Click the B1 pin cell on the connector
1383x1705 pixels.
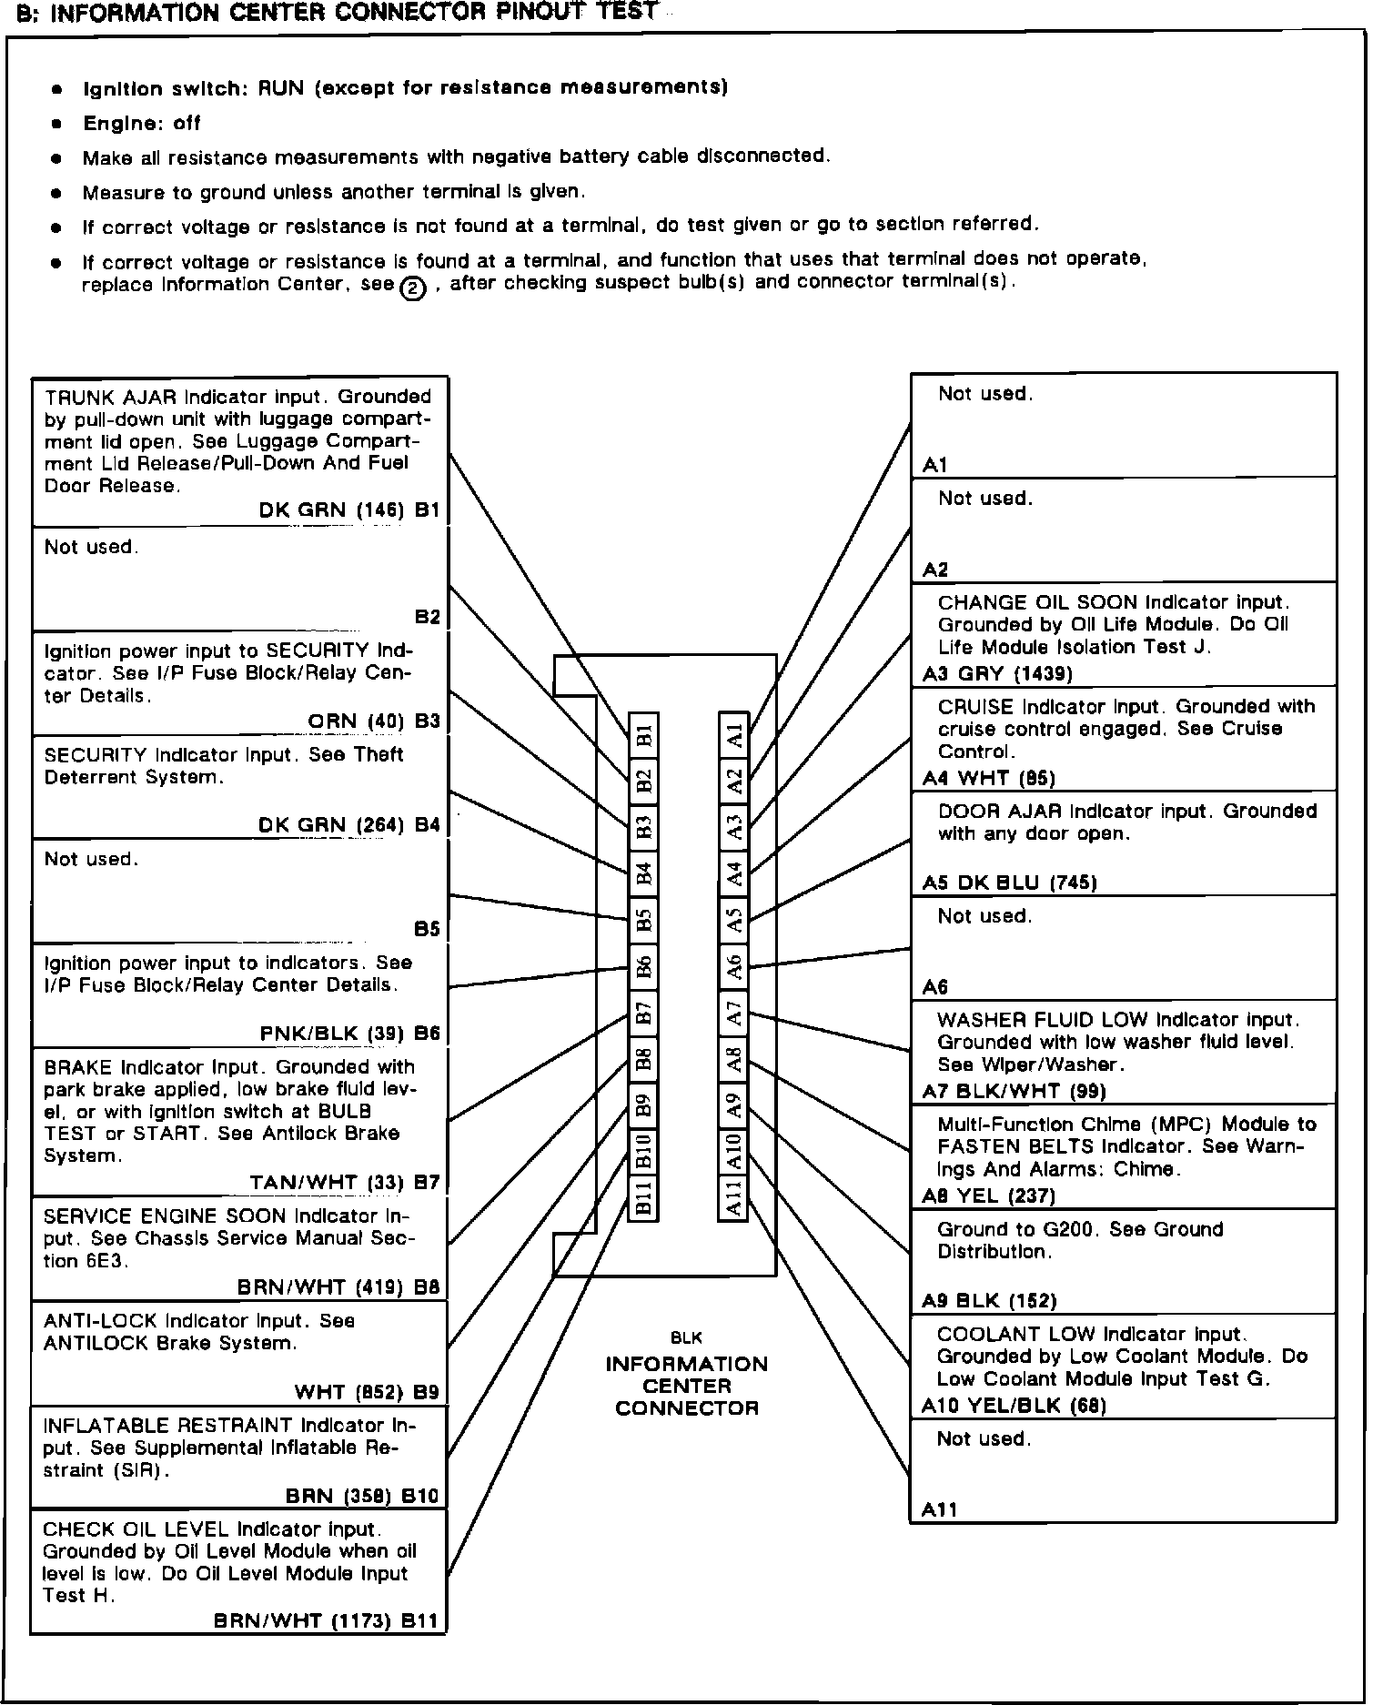pyautogui.click(x=643, y=735)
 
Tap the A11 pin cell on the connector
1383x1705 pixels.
pyautogui.click(x=734, y=1196)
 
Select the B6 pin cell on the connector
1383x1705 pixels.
pyautogui.click(x=643, y=967)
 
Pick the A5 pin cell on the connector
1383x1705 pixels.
pyautogui.click(x=734, y=920)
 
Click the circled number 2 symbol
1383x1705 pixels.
pyautogui.click(x=413, y=288)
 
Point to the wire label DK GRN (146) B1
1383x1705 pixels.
pyautogui.click(x=348, y=510)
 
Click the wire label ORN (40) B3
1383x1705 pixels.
pyautogui.click(x=373, y=721)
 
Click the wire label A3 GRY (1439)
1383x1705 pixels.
pyautogui.click(x=997, y=674)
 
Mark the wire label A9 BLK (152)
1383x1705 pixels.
pyautogui.click(x=989, y=1301)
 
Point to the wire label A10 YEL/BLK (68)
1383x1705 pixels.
pyautogui.click(x=1014, y=1406)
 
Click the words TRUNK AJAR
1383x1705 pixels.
pyautogui.click(x=112, y=398)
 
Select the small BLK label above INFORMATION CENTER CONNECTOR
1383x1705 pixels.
pyautogui.click(x=686, y=1338)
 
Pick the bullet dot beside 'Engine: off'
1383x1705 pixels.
pyautogui.click(x=57, y=124)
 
